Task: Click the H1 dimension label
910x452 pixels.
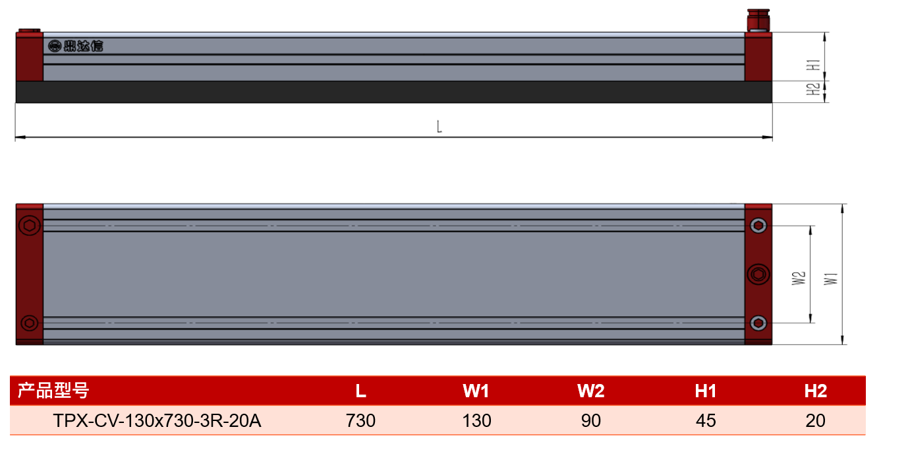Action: tap(814, 65)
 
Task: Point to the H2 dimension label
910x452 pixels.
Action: tap(813, 89)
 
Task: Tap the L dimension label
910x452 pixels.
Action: tap(439, 127)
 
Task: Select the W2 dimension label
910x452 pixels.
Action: tap(799, 278)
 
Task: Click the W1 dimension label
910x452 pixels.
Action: tap(831, 278)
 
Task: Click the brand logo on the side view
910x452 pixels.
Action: tap(76, 46)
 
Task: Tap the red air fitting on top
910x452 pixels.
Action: tap(758, 20)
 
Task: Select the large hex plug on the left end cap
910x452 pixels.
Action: tap(29, 226)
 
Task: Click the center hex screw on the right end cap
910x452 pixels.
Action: tap(758, 274)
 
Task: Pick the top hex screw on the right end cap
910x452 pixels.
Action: tap(758, 226)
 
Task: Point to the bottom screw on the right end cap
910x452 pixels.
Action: tap(758, 323)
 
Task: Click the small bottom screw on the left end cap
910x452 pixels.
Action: tap(29, 323)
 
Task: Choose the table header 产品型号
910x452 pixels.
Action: tap(53, 391)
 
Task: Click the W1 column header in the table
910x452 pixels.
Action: tap(476, 391)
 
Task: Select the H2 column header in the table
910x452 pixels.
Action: tap(815, 391)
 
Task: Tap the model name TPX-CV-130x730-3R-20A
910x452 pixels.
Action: tap(157, 421)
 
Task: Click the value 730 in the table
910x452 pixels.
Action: tap(360, 421)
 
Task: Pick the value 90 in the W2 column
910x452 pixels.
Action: tap(590, 421)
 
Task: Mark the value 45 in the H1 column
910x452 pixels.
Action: tap(706, 421)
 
